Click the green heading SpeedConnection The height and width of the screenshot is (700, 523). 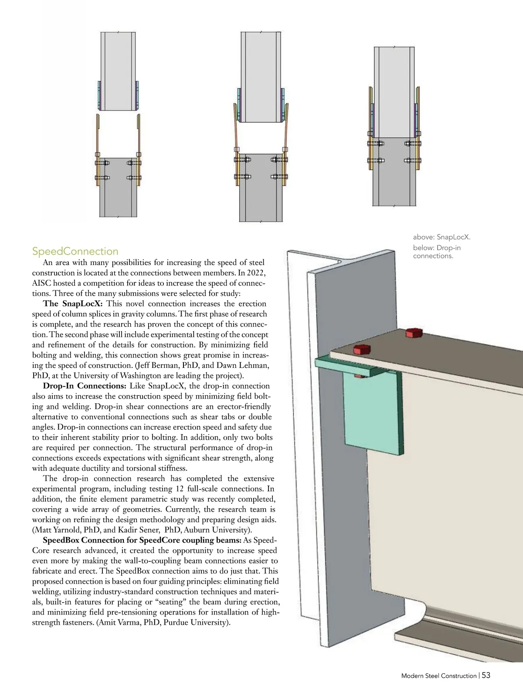coord(75,251)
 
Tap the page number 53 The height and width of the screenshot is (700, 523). coord(486,675)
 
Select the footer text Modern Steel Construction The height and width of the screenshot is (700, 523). coord(438,676)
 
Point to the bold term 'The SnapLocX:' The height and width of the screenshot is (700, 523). coord(72,304)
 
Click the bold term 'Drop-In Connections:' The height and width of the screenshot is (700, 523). coord(85,386)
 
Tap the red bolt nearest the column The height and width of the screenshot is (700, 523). coord(361,349)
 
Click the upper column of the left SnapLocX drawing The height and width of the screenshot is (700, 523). coord(119,70)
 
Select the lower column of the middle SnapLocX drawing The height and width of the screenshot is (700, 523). coord(261,187)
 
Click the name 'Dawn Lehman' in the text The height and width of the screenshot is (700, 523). coord(238,365)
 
